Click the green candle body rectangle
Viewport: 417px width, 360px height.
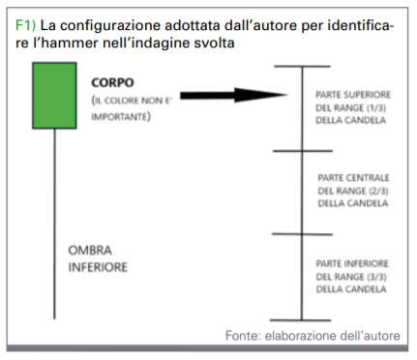tap(54, 96)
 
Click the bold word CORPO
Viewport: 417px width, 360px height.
tap(112, 83)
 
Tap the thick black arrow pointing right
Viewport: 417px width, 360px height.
tap(233, 95)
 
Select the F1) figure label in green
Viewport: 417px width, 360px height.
tap(25, 25)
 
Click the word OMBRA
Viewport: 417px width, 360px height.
tap(90, 251)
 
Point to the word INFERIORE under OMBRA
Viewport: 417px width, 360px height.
tap(98, 267)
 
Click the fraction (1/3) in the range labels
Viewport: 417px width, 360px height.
tap(376, 107)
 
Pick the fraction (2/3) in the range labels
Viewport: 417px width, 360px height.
tap(378, 191)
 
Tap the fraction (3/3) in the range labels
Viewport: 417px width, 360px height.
tap(376, 277)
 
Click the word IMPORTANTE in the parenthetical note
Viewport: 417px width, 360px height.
tap(119, 117)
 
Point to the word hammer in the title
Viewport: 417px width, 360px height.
tap(68, 43)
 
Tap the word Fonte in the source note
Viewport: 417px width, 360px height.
tap(243, 336)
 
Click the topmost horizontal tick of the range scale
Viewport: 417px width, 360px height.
tap(302, 67)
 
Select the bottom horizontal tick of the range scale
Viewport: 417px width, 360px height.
tap(301, 320)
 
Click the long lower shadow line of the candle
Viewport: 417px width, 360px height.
tap(54, 224)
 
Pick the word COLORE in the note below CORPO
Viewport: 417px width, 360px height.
tap(122, 101)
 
